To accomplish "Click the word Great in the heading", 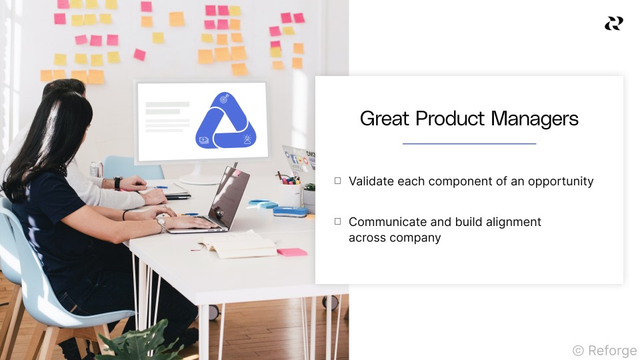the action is click(385, 119).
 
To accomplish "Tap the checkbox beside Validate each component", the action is click(337, 181).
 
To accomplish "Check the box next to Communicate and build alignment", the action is click(337, 221).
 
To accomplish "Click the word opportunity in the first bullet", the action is click(561, 181).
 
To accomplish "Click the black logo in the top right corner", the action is click(614, 23).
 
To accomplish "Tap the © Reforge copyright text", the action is click(605, 350).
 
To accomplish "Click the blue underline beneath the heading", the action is click(469, 144).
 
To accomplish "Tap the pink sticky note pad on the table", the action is click(292, 252).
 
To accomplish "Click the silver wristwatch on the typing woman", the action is click(161, 224).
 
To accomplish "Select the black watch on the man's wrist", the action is click(117, 183).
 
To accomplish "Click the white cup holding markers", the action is click(291, 195).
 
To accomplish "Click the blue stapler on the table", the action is click(290, 211).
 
